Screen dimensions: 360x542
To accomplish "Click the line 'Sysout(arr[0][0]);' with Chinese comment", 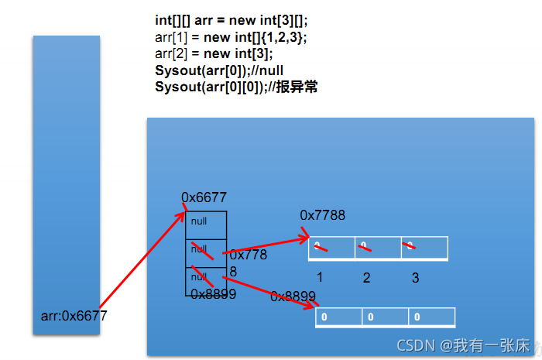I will tap(236, 87).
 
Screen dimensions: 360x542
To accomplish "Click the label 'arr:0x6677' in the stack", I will tap(74, 316).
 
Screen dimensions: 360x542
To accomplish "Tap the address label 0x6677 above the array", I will tap(204, 198).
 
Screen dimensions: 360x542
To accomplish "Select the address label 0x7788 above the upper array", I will tap(323, 214).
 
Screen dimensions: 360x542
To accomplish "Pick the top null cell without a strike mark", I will tap(205, 225).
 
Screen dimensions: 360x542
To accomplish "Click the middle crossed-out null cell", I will tap(205, 252).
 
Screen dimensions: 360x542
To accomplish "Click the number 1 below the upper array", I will tap(319, 277).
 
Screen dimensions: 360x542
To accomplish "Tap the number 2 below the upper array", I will tap(366, 277).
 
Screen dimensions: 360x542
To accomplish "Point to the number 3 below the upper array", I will tap(415, 277).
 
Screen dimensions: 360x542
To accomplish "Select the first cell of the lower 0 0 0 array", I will tap(338, 317).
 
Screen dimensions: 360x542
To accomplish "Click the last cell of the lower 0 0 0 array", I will tap(431, 317).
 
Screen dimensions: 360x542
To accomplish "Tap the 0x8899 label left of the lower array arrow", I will tap(293, 297).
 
